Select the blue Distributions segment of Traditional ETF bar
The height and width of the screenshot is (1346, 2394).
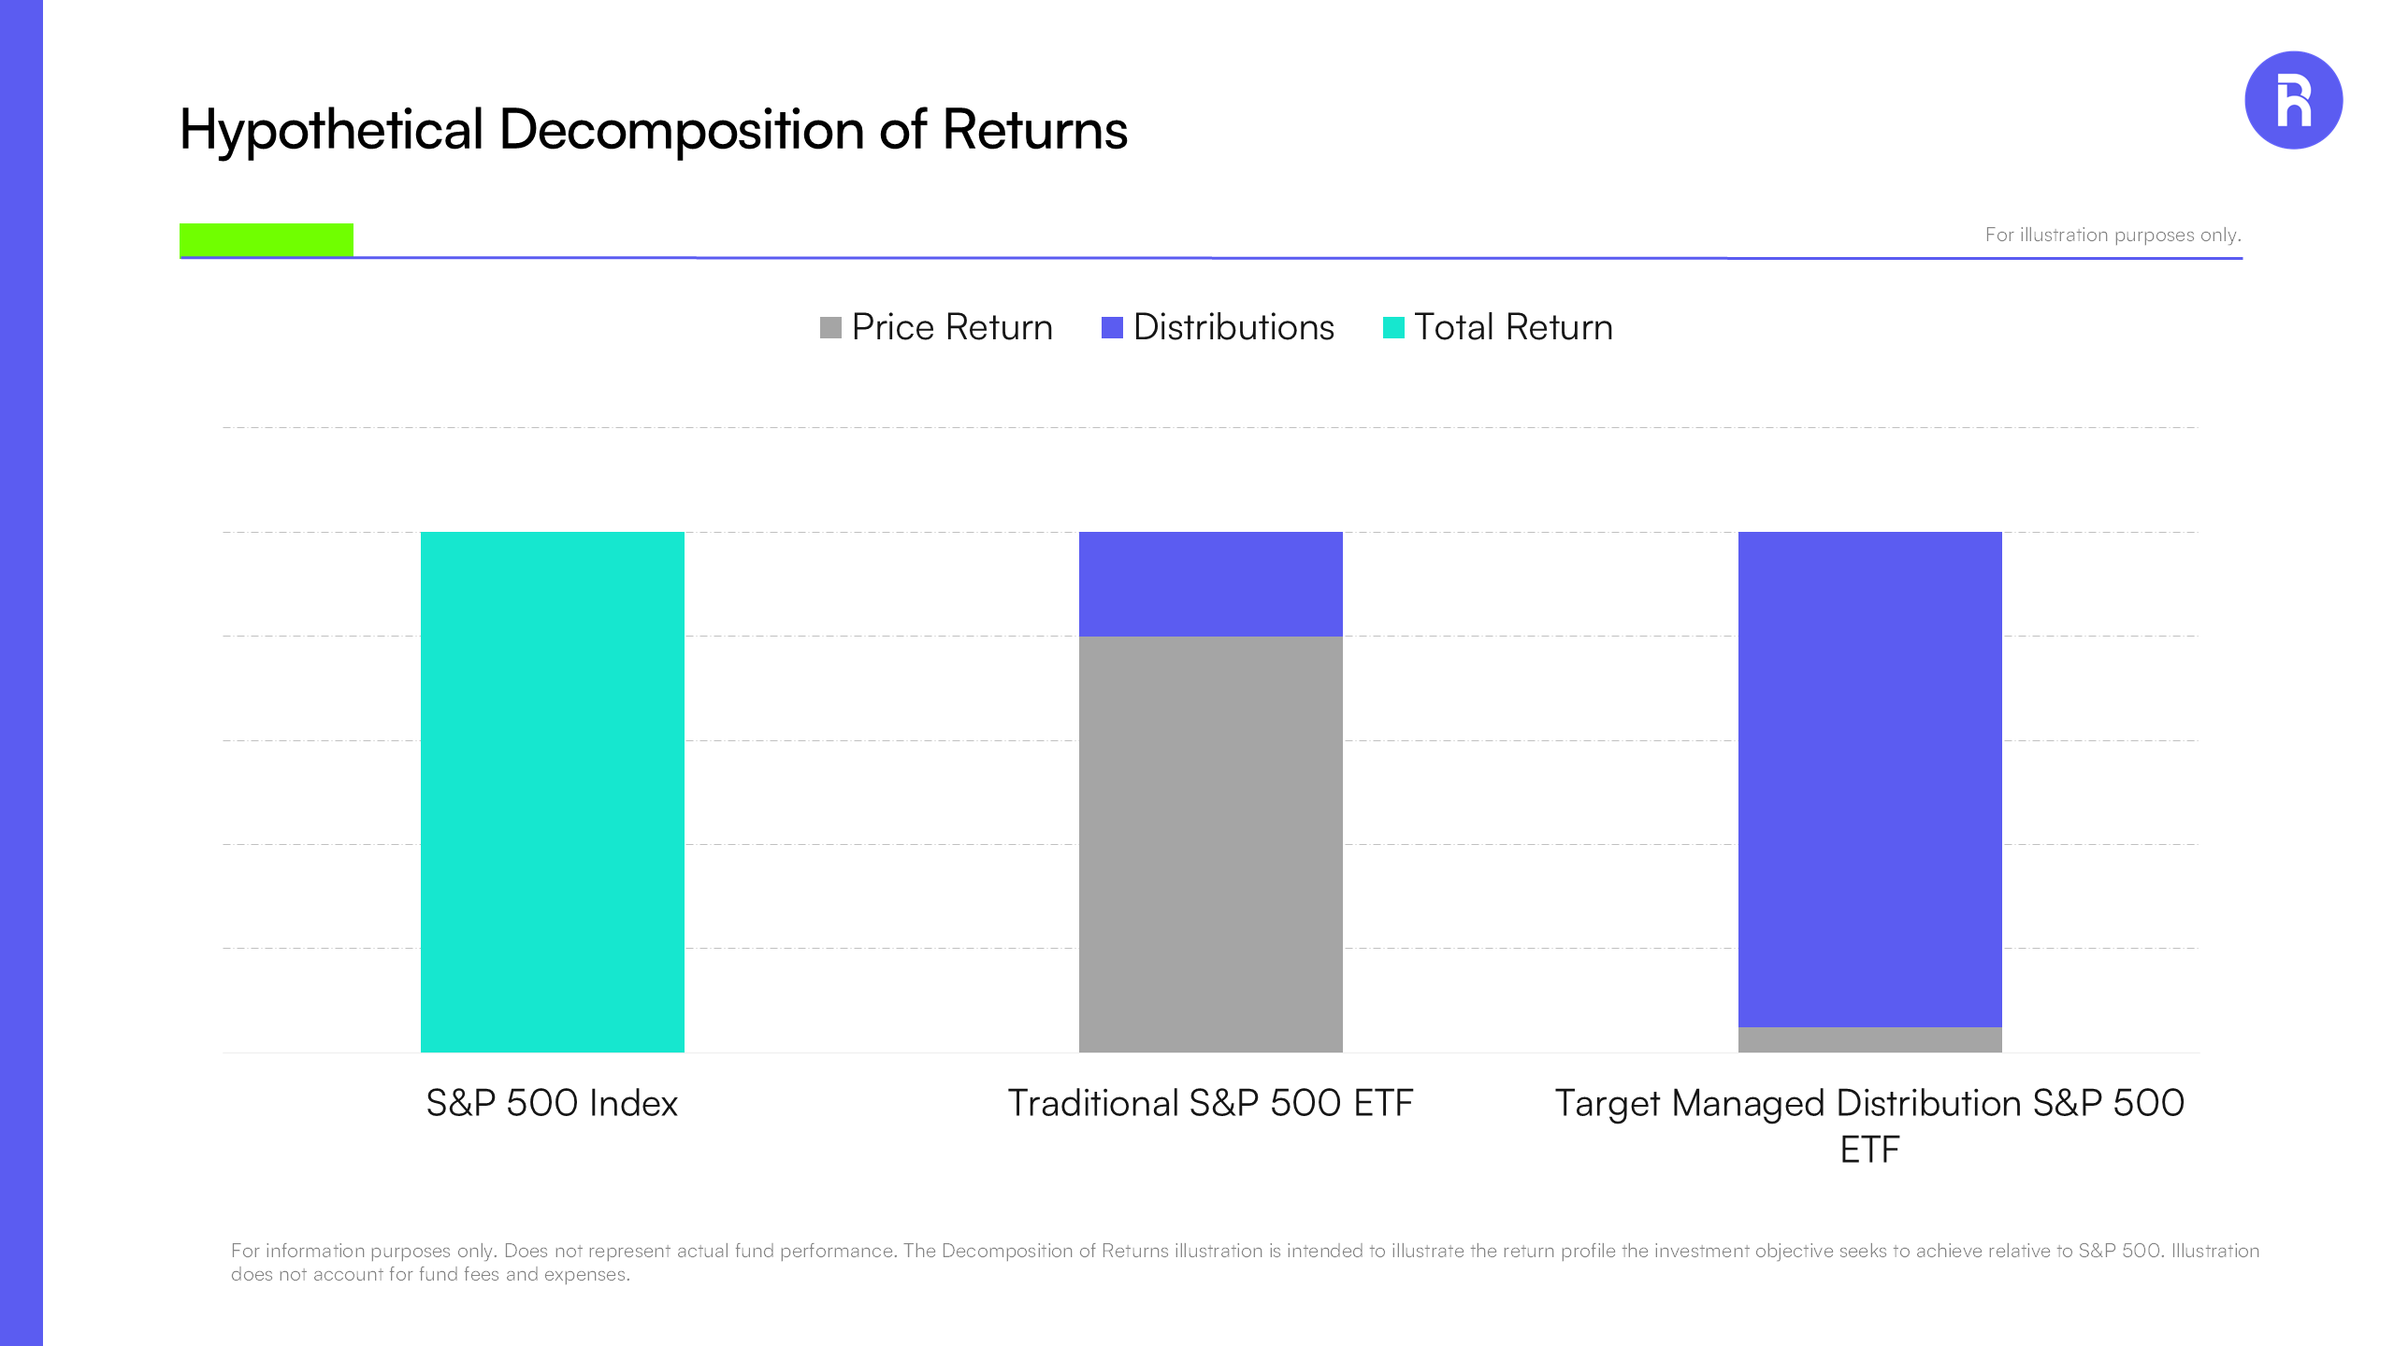point(1210,583)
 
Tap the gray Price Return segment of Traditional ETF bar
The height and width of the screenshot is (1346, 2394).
point(1210,843)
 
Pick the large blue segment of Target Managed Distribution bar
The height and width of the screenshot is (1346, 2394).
point(1869,778)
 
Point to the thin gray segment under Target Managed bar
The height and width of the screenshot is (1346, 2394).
point(1869,1039)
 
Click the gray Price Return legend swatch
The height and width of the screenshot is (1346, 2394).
point(830,328)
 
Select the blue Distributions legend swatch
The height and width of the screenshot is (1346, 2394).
point(1112,328)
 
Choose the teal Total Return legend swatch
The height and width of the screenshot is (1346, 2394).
point(1393,328)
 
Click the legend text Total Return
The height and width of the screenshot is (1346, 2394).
point(1513,328)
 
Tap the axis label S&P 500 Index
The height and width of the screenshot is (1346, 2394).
point(552,1103)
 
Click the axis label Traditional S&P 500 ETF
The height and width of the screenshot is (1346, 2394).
point(1210,1103)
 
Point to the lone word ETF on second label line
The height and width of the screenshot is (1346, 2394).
point(1869,1150)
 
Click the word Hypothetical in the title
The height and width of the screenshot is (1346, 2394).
point(331,129)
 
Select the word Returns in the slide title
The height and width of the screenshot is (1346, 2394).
point(1034,129)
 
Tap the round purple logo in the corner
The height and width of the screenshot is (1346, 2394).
point(2293,100)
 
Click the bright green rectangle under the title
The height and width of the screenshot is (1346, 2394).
point(267,239)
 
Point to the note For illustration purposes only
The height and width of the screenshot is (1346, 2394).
point(2113,235)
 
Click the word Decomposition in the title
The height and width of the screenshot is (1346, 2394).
point(681,129)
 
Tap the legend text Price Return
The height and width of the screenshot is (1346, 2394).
point(952,328)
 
